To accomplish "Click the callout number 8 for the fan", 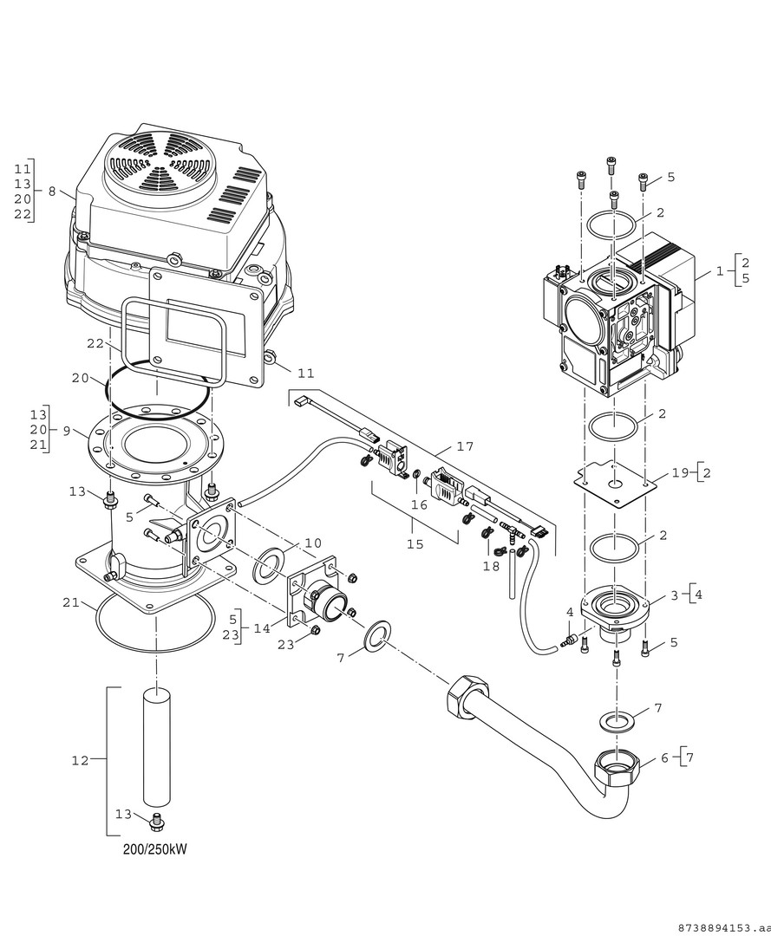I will click(51, 191).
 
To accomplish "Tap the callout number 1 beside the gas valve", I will click(719, 270).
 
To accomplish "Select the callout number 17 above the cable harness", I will click(466, 447).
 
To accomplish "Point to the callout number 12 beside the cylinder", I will click(80, 761).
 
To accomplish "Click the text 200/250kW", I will click(154, 849).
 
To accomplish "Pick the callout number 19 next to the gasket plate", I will click(679, 473).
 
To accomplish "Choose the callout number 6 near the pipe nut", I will click(665, 757).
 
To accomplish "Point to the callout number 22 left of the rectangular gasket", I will click(95, 344).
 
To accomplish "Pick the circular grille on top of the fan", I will click(162, 164).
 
